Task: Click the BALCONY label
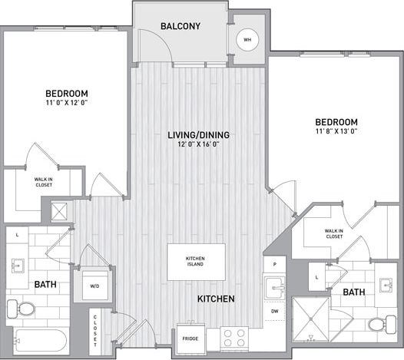click(180, 27)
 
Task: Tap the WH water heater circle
click(248, 40)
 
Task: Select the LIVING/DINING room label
click(199, 135)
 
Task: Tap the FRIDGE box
click(191, 338)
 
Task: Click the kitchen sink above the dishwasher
click(274, 289)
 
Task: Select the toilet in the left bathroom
click(22, 309)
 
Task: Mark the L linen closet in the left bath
click(17, 233)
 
